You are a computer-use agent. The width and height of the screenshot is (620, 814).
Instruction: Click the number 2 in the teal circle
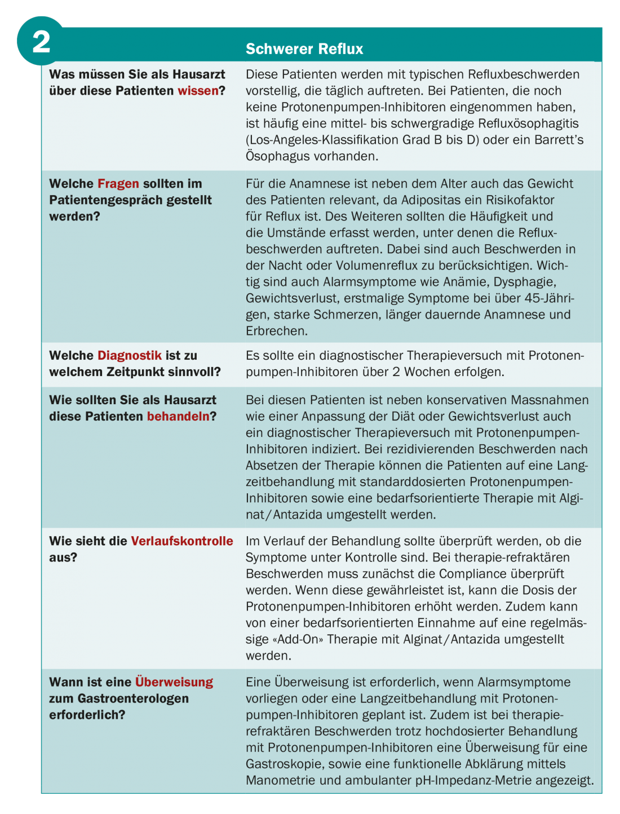[x=41, y=42]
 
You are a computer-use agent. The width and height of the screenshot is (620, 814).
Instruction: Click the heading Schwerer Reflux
[x=304, y=49]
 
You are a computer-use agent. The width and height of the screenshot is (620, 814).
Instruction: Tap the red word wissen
[x=198, y=91]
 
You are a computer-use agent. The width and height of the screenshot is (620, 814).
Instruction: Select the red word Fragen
[x=118, y=184]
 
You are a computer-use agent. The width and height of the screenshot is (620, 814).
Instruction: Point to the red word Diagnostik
[x=130, y=356]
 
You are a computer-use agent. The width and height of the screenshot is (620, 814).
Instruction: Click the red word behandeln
[x=178, y=417]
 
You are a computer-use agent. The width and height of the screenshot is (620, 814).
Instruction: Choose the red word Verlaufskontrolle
[x=182, y=541]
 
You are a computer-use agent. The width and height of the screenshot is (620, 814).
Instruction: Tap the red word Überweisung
[x=174, y=682]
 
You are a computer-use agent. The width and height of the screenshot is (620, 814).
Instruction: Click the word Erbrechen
[x=277, y=331]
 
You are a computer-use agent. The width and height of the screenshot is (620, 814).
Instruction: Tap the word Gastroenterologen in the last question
[x=133, y=698]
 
